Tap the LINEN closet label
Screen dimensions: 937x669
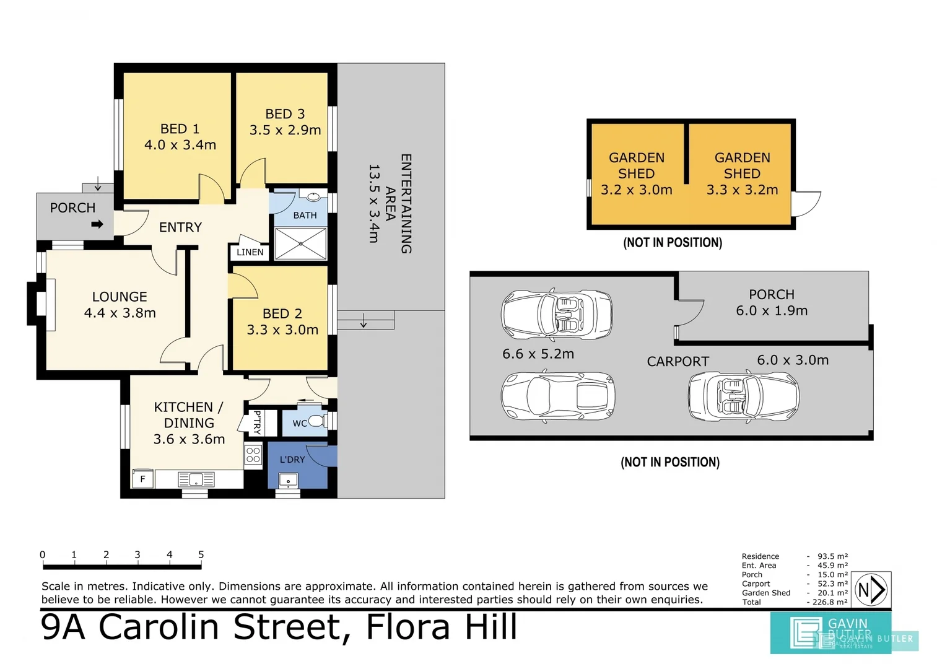click(250, 252)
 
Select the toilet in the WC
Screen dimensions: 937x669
click(318, 421)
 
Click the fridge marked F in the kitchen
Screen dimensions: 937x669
click(142, 479)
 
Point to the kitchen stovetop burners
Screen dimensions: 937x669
click(253, 455)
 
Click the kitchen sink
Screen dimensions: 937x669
click(196, 479)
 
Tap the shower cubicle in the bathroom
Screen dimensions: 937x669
click(301, 243)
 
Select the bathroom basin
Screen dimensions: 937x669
click(313, 196)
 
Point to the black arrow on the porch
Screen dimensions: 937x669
click(97, 225)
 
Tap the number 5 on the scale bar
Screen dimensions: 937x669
click(201, 554)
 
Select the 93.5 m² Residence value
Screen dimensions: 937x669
click(832, 556)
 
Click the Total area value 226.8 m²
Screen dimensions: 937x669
click(830, 602)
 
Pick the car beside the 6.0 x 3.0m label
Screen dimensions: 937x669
click(744, 396)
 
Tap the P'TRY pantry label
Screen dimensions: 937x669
click(257, 422)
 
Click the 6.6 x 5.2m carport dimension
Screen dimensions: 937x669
click(538, 354)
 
